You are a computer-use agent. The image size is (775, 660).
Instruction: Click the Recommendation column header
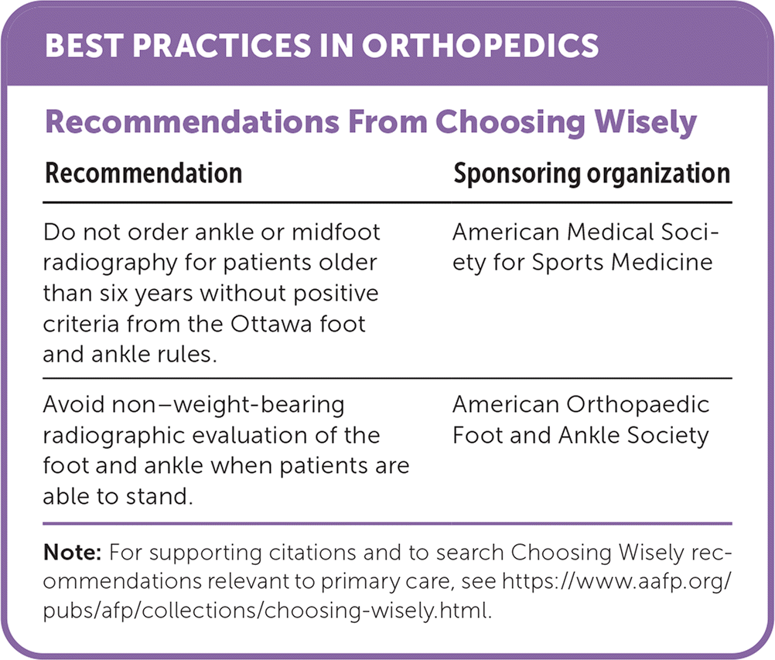[x=144, y=173]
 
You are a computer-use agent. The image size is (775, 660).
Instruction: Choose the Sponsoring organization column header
[x=592, y=173]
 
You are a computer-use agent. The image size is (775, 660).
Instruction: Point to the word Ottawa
[x=261, y=322]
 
